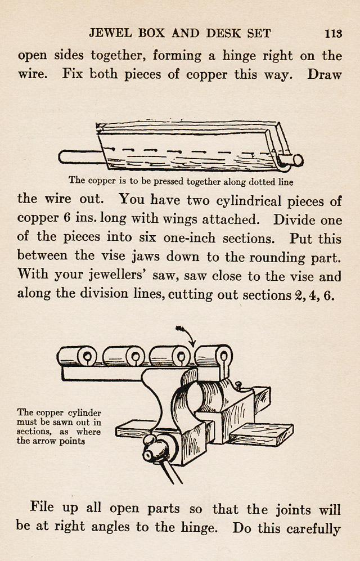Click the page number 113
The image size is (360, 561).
click(333, 33)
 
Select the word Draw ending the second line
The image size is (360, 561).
click(324, 75)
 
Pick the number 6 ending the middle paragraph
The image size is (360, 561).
click(329, 295)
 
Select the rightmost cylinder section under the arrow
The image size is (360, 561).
click(214, 356)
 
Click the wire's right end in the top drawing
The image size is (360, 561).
click(296, 160)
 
